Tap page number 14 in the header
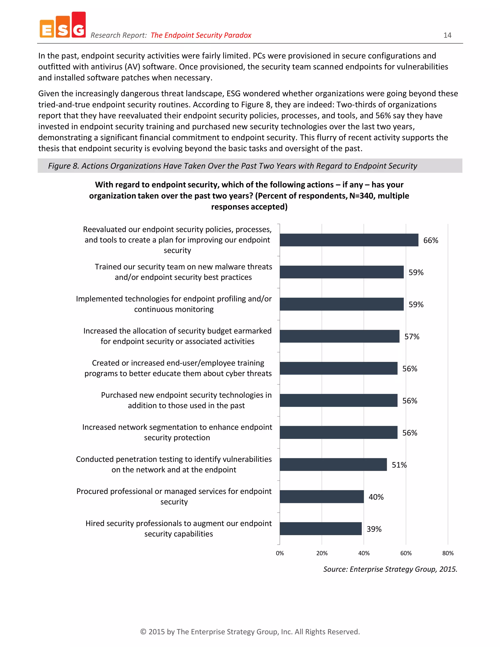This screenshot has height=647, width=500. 447,35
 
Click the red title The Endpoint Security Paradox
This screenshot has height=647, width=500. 201,35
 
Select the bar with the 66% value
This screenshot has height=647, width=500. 349,240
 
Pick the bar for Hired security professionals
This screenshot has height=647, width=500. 321,529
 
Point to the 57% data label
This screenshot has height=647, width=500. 412,336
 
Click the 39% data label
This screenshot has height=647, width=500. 374,529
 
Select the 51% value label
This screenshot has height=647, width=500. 399,465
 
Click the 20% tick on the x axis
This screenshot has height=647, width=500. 322,553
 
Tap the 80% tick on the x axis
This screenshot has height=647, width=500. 448,553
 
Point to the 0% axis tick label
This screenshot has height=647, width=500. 280,553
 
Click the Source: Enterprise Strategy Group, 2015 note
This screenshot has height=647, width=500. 390,569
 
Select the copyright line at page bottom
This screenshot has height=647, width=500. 250,632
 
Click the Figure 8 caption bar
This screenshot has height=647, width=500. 250,166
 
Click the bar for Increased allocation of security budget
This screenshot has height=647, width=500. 339,336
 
